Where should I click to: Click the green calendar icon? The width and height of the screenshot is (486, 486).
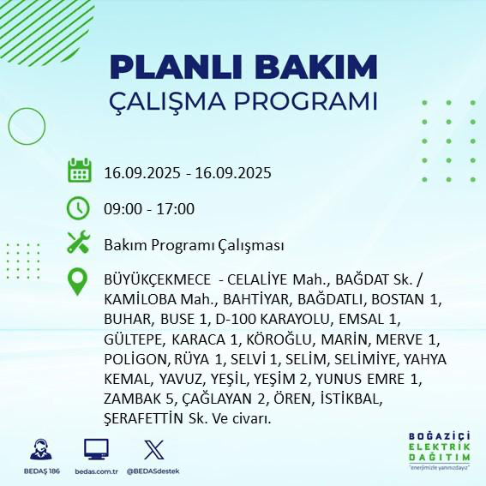80,171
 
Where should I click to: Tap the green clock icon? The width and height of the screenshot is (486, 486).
80,208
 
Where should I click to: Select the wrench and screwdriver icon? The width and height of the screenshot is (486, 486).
80,243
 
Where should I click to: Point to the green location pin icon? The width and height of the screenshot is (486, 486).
80,282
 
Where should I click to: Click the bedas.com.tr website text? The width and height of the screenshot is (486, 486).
96,471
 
